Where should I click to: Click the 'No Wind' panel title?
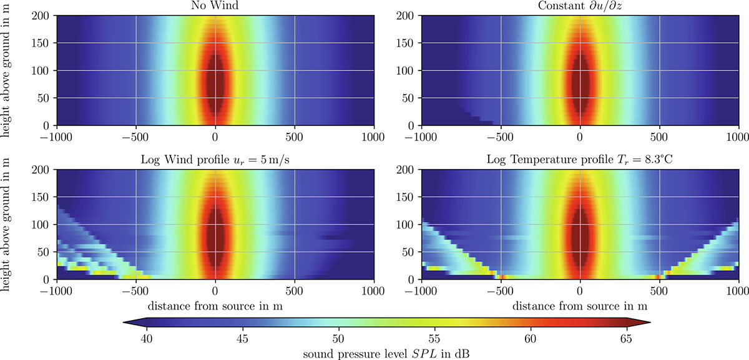215,6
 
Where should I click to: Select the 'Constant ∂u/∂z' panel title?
580,6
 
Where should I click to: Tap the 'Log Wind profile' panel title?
215,160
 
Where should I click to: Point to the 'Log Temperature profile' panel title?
580,160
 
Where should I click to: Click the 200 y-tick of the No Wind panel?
41,15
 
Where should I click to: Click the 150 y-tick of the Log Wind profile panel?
41,198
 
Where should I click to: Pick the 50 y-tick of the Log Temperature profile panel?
409,252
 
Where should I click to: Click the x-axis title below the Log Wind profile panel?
215,305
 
